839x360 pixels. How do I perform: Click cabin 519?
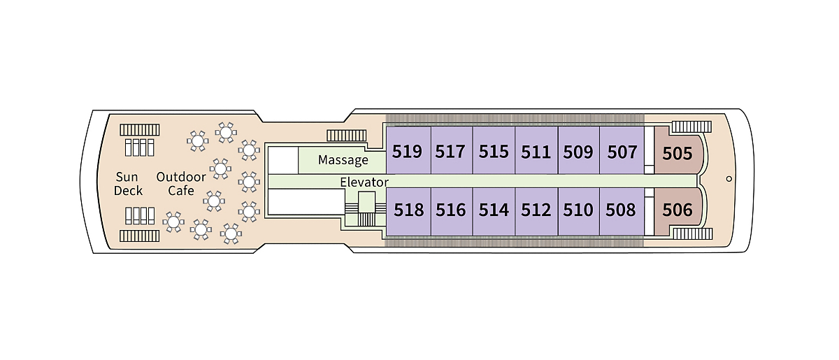pos(408,151)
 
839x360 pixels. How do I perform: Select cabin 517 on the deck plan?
pos(450,151)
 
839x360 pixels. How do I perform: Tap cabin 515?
pos(494,151)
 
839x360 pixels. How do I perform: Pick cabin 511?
pos(536,151)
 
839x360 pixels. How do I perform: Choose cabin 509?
pos(578,151)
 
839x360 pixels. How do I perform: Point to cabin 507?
pos(622,151)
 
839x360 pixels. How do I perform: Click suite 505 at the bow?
pos(677,152)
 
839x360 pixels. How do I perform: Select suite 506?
pos(677,209)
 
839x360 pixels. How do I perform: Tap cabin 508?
pos(622,209)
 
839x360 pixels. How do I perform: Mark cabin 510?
pos(578,209)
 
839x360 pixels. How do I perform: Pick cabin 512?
pos(536,209)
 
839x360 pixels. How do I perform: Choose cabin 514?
pos(494,209)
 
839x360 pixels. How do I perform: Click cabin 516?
pos(450,209)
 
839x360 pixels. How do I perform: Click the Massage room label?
pos(343,160)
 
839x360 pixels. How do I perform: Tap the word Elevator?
pos(364,182)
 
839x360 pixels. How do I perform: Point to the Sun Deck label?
pos(129,183)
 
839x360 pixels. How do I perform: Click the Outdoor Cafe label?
pos(181,183)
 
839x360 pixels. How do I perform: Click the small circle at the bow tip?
pos(729,179)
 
